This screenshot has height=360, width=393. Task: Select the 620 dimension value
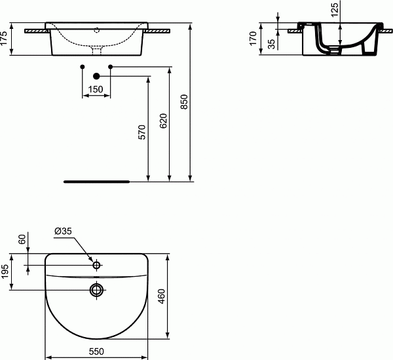pos(163,121)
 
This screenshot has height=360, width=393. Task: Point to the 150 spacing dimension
pos(96,89)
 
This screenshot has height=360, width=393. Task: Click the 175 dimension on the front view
pos(5,39)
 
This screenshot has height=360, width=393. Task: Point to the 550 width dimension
pos(97,351)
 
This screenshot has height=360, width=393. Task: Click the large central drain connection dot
pos(96,75)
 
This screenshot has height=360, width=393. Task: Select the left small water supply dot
pos(82,67)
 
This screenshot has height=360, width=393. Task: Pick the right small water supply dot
pos(111,67)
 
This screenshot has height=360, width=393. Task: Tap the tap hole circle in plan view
pos(96,266)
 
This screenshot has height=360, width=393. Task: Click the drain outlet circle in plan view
pos(96,289)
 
